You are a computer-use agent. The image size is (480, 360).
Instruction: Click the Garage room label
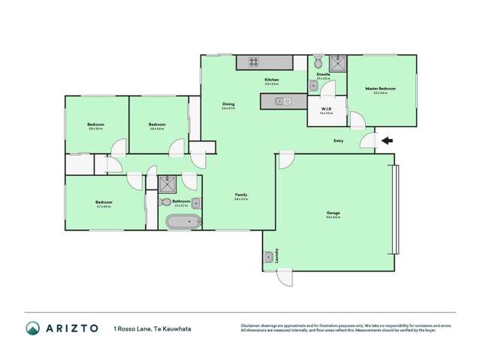334,213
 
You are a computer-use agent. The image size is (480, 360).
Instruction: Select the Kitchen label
271,80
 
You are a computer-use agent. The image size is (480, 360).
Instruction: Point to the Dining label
228,104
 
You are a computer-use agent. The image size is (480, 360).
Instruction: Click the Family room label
240,195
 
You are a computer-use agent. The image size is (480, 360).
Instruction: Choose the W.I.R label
325,109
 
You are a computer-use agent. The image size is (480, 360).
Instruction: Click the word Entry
339,141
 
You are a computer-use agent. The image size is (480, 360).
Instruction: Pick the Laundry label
278,255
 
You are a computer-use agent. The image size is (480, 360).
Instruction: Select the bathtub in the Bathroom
183,222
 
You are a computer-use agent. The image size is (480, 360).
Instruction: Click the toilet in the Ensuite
318,59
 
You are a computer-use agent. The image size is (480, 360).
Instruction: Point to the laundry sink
268,258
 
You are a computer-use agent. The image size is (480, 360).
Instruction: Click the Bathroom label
180,201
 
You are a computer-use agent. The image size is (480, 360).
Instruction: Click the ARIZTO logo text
64,328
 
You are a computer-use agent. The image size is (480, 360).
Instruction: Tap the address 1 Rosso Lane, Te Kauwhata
145,328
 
